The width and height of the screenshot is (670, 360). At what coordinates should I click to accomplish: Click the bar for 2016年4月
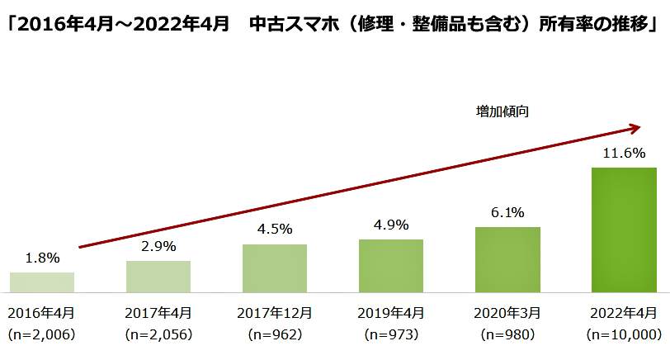(42, 282)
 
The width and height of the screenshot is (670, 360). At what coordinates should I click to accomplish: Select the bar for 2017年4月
(158, 277)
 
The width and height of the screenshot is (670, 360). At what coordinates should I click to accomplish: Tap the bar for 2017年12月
(275, 268)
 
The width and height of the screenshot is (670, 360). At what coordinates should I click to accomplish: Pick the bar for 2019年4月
(391, 266)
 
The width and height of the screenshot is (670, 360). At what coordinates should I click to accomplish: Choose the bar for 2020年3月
(507, 259)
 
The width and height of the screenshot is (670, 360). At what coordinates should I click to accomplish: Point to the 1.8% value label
(43, 258)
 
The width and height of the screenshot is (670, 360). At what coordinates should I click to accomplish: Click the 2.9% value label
(158, 246)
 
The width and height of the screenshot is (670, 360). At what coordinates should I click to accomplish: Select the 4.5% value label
(275, 230)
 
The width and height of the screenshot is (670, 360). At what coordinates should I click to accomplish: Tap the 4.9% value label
(391, 225)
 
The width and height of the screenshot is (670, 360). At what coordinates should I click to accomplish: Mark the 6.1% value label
(507, 212)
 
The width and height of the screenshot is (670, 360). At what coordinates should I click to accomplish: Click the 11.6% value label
(625, 154)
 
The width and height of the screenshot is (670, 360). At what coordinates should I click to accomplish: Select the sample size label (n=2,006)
(42, 334)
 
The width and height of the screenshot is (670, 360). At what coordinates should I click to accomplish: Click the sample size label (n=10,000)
(625, 334)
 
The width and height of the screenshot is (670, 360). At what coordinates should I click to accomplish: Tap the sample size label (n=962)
(275, 334)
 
